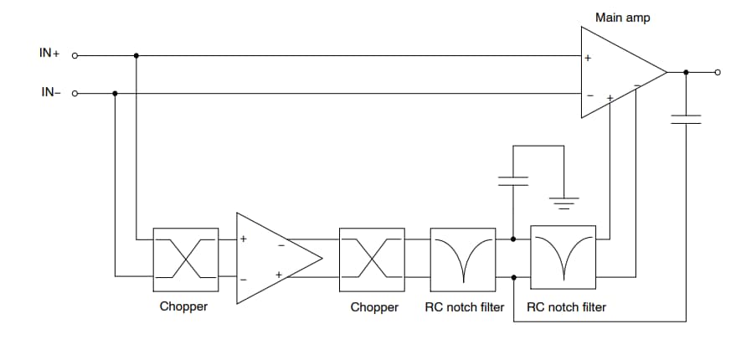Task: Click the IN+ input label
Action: [x=49, y=53]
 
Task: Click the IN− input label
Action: [x=51, y=92]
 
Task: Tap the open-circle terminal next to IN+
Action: [x=75, y=56]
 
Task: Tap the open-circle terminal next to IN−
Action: [x=75, y=94]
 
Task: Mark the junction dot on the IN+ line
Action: [x=136, y=56]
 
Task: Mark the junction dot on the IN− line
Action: [x=115, y=94]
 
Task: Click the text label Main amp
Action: [x=622, y=17]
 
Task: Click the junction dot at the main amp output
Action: [x=687, y=73]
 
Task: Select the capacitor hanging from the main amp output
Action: [x=687, y=120]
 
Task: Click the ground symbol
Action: [x=563, y=202]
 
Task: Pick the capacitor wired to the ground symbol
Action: [x=512, y=180]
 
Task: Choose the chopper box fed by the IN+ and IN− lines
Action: [x=185, y=254]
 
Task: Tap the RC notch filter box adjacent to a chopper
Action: [x=463, y=254]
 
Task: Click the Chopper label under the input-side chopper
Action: [x=183, y=307]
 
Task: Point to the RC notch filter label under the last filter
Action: [x=566, y=307]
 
